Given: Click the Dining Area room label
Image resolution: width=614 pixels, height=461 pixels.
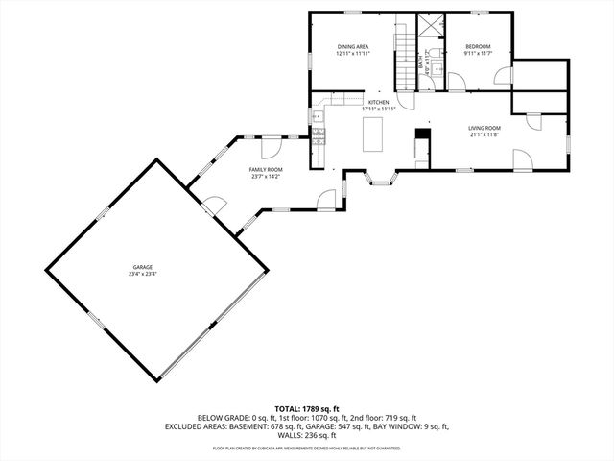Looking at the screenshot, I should (x=353, y=47).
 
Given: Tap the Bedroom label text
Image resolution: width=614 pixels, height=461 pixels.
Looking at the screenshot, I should (x=478, y=47).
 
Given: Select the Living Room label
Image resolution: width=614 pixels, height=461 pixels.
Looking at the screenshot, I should (x=484, y=127).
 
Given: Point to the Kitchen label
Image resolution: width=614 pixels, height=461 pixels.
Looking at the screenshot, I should (x=378, y=102).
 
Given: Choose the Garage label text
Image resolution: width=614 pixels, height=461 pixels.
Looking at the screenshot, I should (x=143, y=267).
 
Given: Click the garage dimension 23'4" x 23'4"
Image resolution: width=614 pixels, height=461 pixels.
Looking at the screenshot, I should (x=143, y=274).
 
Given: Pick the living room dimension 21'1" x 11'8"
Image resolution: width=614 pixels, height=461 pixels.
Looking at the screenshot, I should (x=484, y=133).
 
